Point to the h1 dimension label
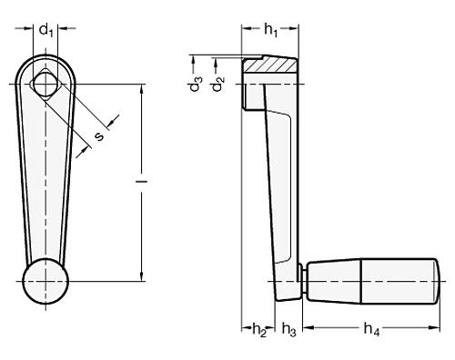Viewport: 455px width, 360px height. (270, 31)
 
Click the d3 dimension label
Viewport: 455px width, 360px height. (194, 69)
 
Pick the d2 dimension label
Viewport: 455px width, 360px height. (217, 85)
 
